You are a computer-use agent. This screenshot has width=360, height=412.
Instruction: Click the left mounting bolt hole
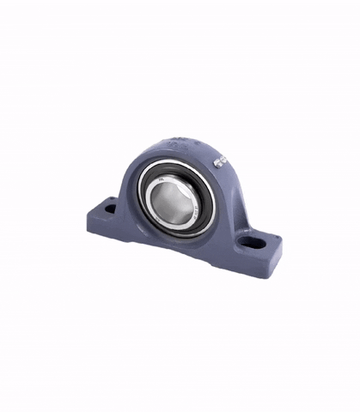(109, 207)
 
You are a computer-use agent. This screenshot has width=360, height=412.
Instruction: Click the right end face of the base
(276, 261)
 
